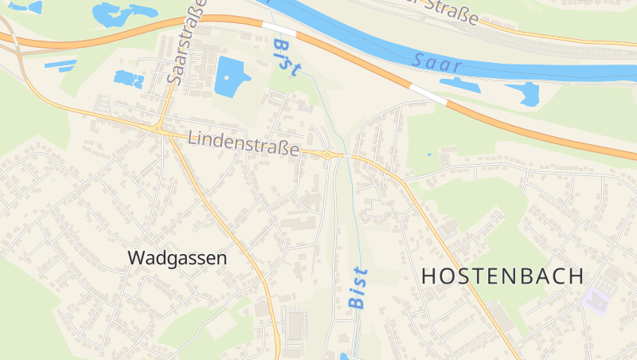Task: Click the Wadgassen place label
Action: [177, 258]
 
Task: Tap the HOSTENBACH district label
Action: [502, 276]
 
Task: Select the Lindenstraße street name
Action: [244, 144]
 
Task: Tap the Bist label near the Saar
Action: [284, 57]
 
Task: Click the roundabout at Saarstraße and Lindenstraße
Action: [158, 127]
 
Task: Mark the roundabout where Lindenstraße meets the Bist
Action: [327, 154]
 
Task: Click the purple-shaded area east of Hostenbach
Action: [595, 300]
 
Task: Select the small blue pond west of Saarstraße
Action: [128, 79]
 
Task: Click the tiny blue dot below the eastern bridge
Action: [428, 153]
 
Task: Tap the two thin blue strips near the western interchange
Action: [61, 65]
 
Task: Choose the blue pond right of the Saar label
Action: [526, 94]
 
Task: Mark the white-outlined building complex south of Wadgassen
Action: [295, 325]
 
